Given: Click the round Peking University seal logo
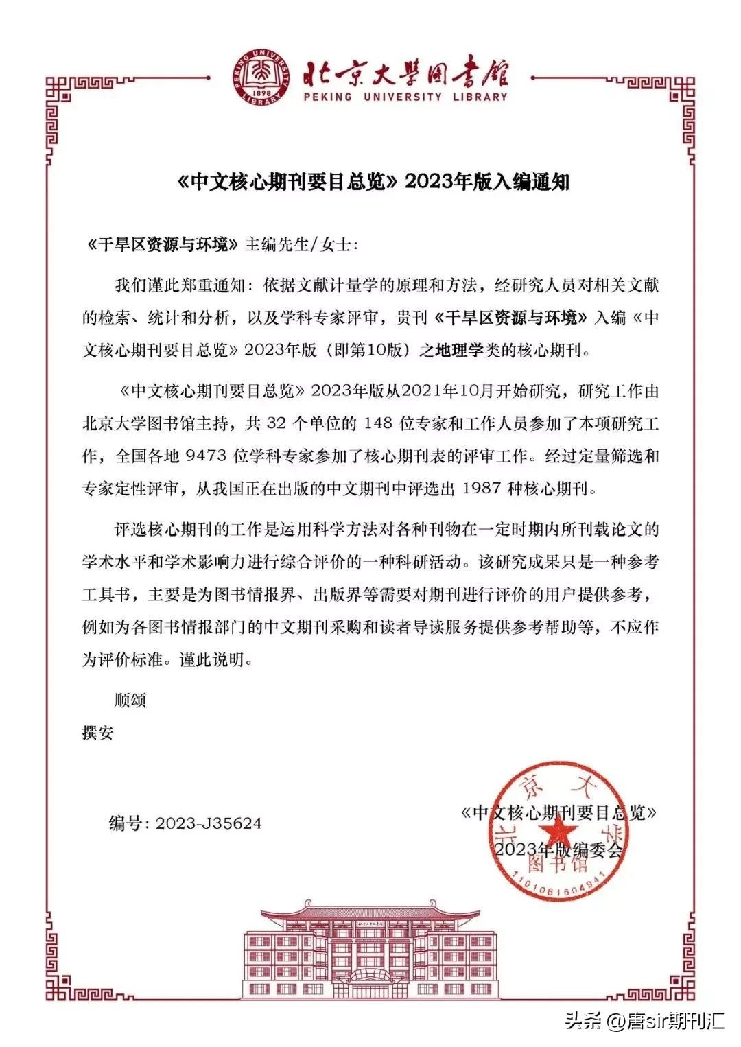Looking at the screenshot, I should click(x=261, y=77).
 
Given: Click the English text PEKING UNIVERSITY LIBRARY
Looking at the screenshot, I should click(x=405, y=97).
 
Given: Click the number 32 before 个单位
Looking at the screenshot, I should click(x=274, y=423).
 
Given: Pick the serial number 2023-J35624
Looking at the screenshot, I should click(x=209, y=823).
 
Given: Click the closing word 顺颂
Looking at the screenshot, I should click(x=130, y=701).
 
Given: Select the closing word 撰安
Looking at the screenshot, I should click(x=97, y=732).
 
